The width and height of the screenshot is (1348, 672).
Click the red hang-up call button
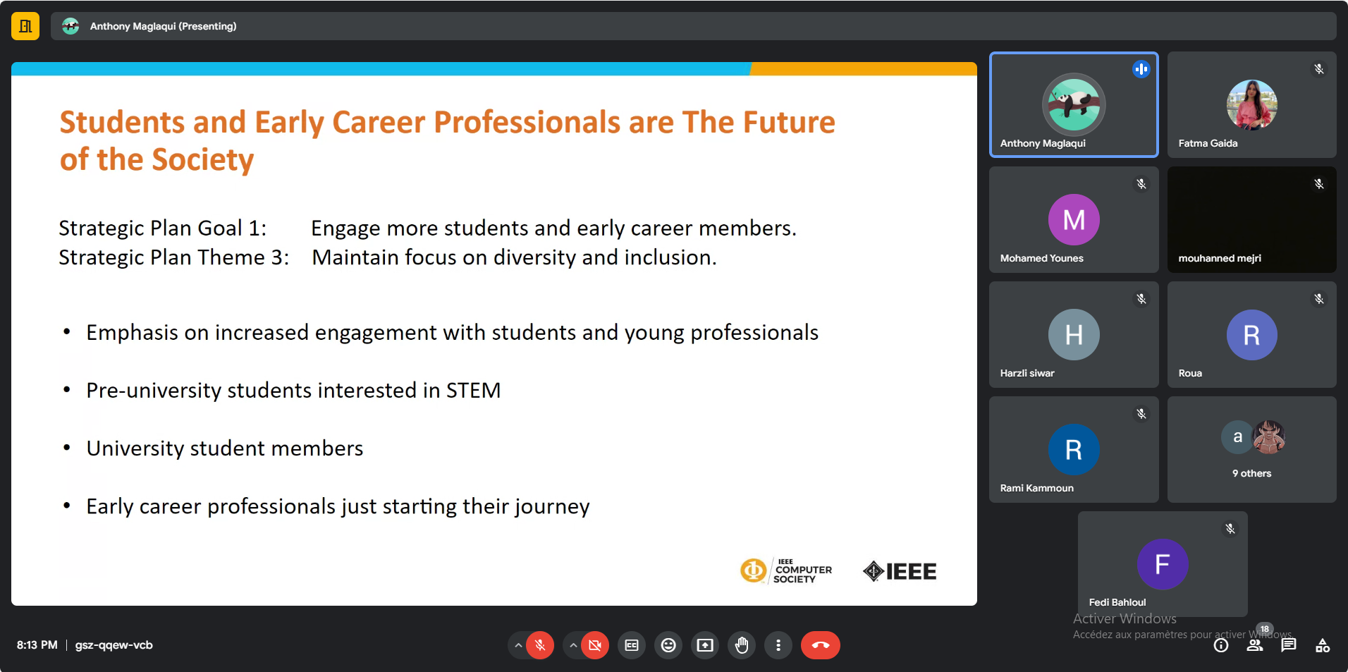point(820,645)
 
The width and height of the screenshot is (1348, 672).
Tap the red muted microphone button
point(540,645)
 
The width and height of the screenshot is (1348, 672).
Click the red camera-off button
point(595,645)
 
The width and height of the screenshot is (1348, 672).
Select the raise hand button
point(742,645)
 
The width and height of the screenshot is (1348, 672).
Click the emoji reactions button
point(668,645)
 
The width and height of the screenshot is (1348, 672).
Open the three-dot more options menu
point(778,645)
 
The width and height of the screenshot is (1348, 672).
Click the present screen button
point(705,645)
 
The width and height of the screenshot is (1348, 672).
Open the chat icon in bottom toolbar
point(1289,645)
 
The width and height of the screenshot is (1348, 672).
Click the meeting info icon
point(1221,645)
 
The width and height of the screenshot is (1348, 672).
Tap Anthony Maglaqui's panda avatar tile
point(1074,104)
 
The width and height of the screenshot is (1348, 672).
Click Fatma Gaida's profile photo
point(1252,104)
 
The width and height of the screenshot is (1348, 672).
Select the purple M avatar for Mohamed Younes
point(1074,219)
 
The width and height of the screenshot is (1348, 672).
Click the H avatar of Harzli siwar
point(1074,334)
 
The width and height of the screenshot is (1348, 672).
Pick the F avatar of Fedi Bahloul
point(1163,564)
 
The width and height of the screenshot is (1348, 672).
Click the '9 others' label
point(1251,473)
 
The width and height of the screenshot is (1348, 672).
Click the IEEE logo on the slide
point(900,571)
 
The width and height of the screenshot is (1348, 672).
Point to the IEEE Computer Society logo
point(786,570)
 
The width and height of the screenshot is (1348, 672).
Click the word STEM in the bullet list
point(473,390)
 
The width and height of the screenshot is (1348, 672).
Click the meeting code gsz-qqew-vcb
point(114,645)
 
